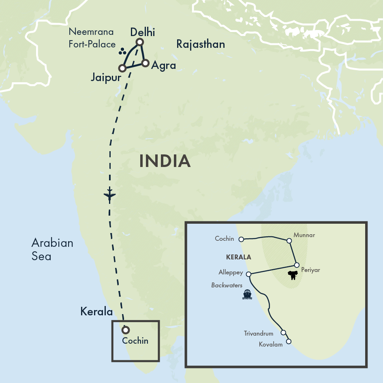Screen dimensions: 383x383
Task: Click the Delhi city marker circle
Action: (139, 42)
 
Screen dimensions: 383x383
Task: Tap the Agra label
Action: (163, 66)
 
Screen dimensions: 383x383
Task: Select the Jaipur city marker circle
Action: (122, 68)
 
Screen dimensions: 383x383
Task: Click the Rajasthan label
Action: (201, 44)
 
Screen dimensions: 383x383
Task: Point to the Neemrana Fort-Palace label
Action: (92, 38)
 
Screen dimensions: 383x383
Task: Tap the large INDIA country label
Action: (165, 161)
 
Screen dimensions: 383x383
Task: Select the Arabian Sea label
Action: (52, 249)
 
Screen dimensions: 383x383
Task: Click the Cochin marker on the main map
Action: (126, 330)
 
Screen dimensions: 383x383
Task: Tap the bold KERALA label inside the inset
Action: (239, 257)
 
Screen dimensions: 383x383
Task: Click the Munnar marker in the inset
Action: (289, 241)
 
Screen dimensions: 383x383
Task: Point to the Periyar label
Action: (311, 270)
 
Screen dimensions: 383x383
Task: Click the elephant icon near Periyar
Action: (292, 276)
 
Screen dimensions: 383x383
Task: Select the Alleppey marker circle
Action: (248, 274)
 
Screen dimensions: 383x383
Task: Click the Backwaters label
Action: (227, 285)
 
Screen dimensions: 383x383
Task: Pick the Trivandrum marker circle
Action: (283, 332)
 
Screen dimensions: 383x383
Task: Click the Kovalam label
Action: (271, 344)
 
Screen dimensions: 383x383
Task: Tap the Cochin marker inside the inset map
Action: (241, 239)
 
